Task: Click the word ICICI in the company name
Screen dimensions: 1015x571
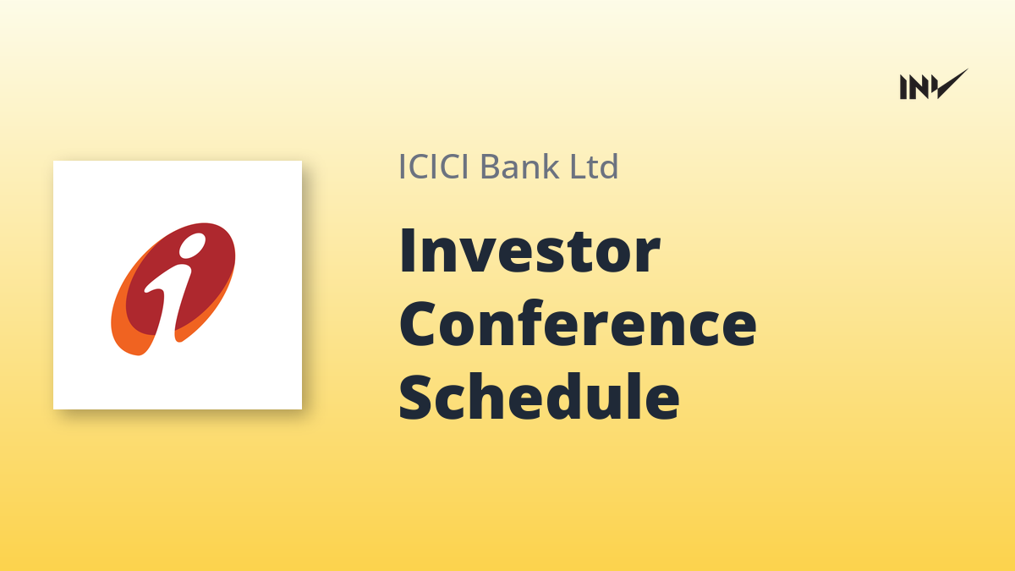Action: tap(434, 167)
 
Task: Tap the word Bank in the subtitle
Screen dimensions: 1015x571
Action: tap(519, 166)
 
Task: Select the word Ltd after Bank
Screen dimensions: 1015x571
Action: tap(594, 166)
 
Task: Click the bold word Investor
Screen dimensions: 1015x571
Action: tap(529, 250)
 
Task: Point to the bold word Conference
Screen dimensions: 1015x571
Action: tap(578, 323)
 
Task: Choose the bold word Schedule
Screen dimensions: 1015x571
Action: tap(540, 397)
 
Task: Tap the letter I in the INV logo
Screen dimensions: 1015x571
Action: tap(903, 87)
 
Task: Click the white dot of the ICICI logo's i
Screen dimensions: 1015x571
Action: tap(193, 245)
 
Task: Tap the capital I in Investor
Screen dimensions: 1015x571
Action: tap(407, 250)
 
